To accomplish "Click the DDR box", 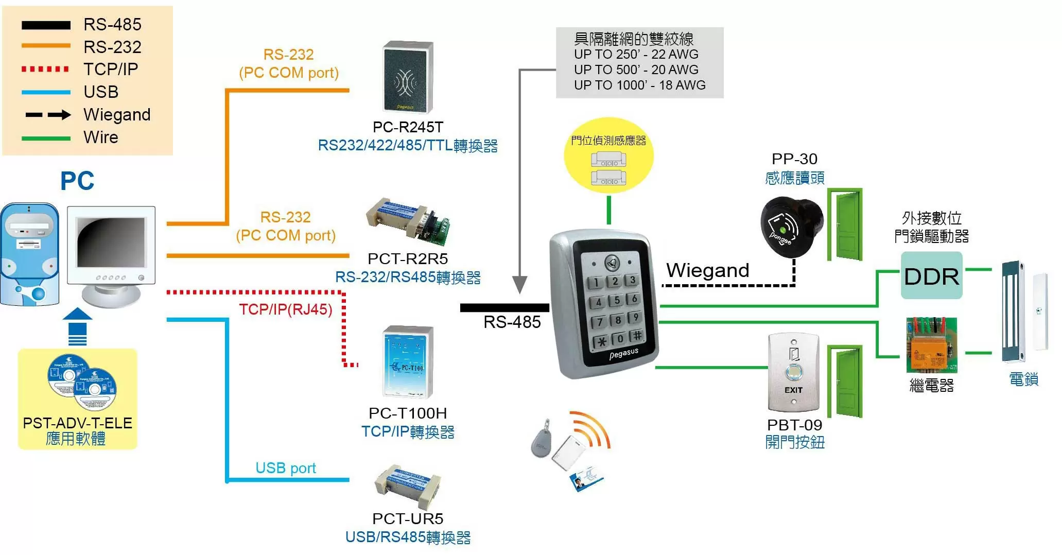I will coord(931,276).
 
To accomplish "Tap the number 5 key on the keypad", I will coord(617,300).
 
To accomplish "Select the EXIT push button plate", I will coord(793,372).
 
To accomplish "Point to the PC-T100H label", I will coord(407,413).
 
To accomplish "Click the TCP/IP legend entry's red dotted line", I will coord(45,69).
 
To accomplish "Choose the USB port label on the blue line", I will coord(286,467).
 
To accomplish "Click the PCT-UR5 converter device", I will coord(407,485).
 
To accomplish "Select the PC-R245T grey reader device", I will coord(408,77).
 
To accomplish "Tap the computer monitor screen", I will coord(111,242).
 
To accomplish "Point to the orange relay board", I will coord(931,345).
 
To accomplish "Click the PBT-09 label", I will coord(794,425).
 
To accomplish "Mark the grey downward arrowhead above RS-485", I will coord(520,284).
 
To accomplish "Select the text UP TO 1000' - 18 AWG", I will coord(639,85).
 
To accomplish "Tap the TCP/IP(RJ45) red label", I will coord(285,309).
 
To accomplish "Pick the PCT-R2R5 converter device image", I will coord(408,221).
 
